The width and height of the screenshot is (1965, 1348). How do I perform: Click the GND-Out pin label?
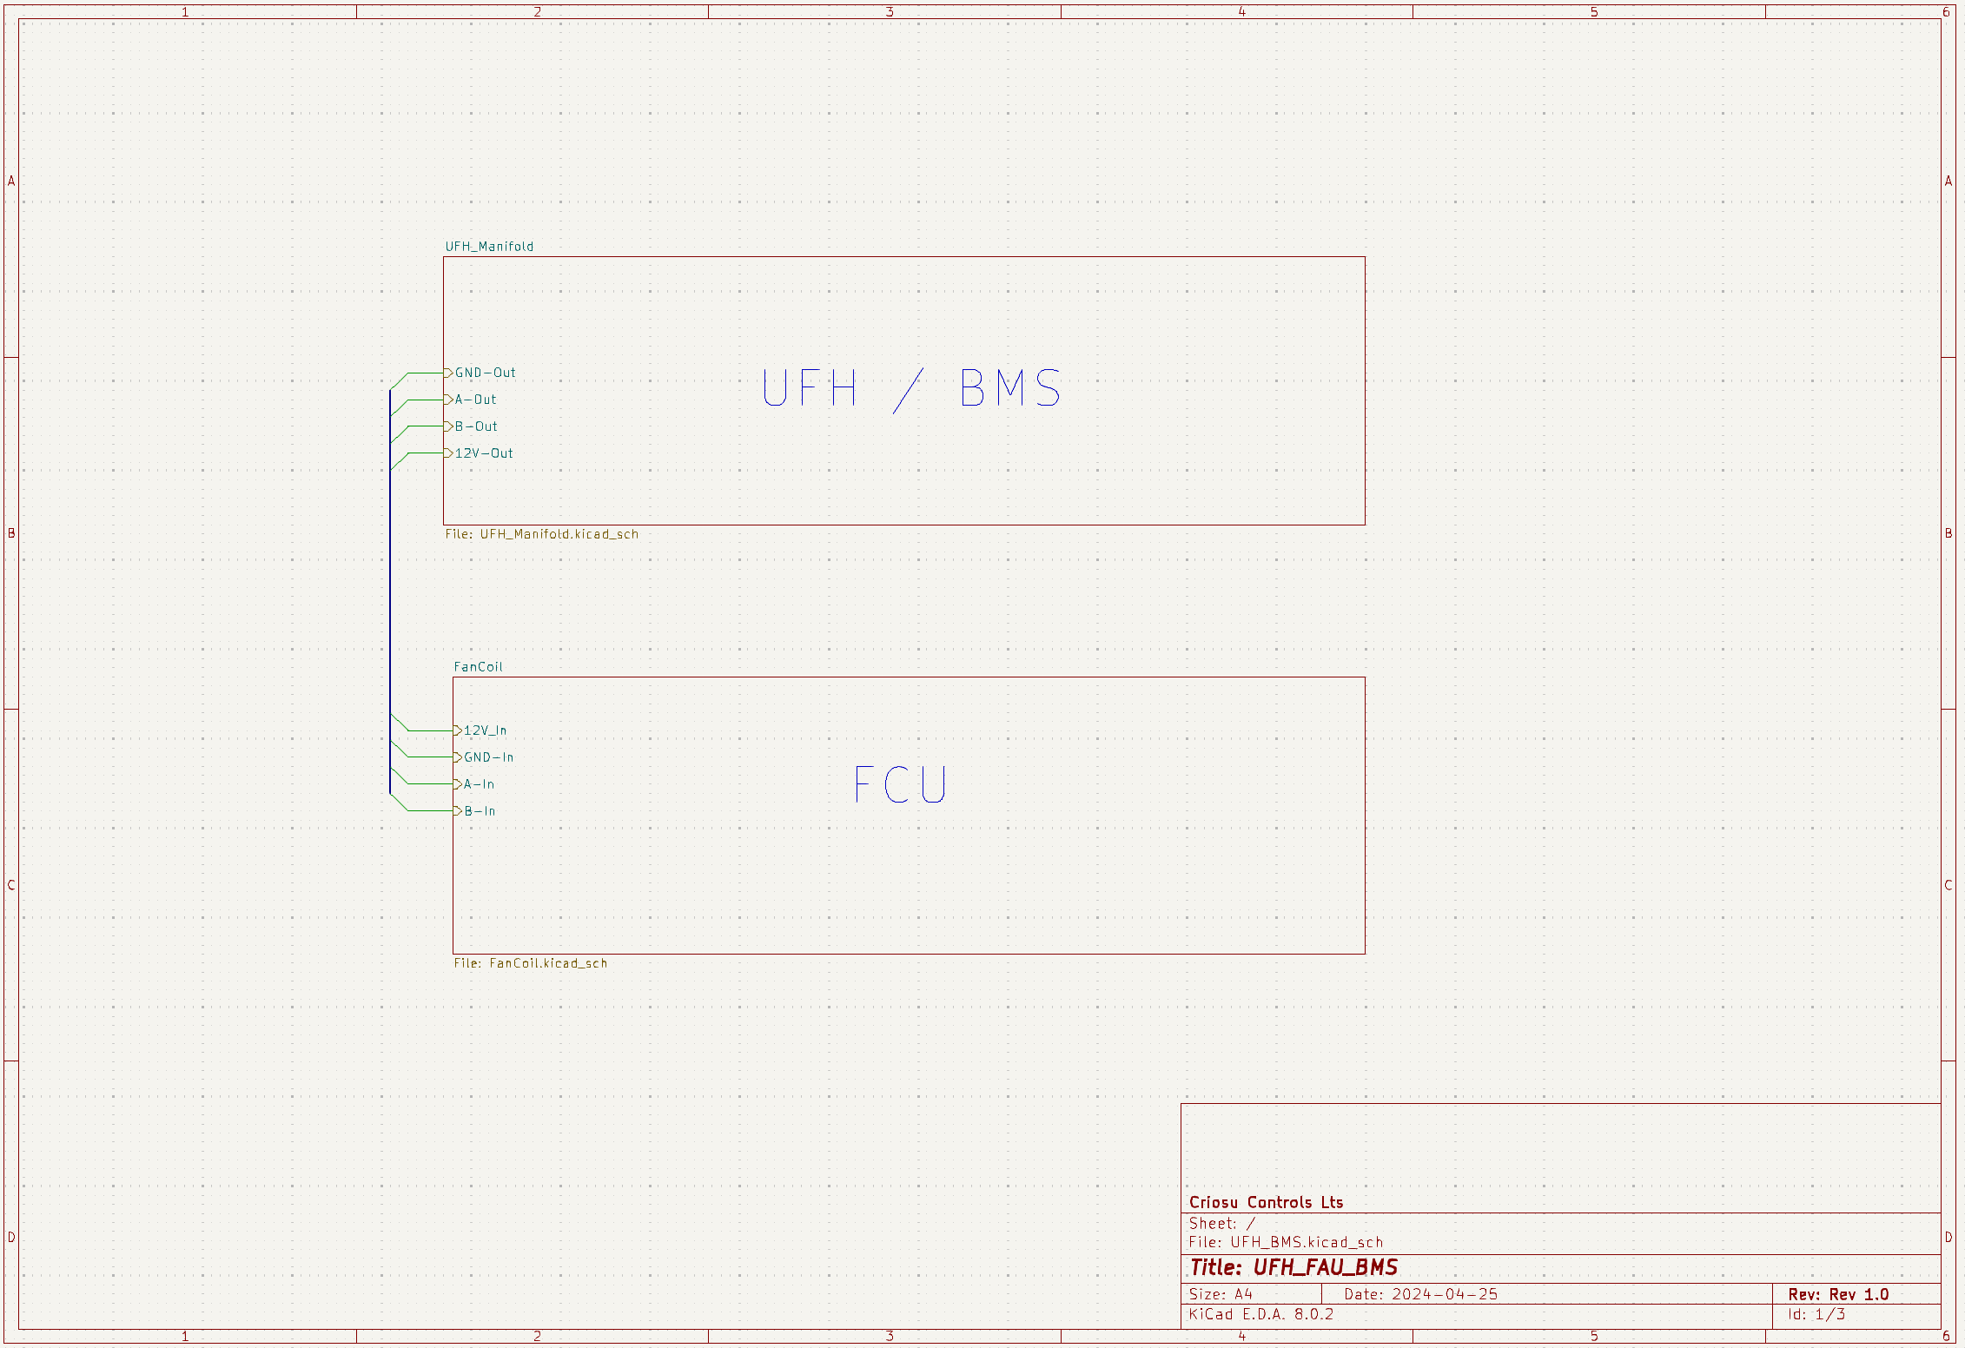pos(485,373)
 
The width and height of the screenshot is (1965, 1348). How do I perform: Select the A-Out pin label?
pos(475,400)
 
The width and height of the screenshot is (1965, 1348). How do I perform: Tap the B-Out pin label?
pos(476,426)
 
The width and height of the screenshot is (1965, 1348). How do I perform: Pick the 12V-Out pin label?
pos(484,453)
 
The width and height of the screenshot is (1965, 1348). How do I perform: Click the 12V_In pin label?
pos(485,730)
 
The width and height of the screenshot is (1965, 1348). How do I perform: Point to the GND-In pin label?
pos(488,757)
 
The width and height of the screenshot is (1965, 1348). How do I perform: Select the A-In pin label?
pos(479,784)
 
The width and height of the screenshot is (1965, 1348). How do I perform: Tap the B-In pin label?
pos(480,811)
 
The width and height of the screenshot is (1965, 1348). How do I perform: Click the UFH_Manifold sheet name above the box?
pos(489,247)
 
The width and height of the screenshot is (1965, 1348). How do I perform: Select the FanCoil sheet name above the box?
pos(478,667)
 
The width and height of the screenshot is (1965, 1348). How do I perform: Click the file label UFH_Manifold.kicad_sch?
pos(541,534)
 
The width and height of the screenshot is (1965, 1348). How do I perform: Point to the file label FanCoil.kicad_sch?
pos(530,963)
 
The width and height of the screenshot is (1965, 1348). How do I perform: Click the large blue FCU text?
pos(900,785)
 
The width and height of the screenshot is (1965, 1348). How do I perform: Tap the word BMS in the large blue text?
pos(1010,388)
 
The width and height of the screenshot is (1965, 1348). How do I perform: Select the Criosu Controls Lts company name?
pos(1266,1202)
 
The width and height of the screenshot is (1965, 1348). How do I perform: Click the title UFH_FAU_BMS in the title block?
pos(1325,1267)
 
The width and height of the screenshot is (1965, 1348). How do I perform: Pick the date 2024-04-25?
pos(1445,1294)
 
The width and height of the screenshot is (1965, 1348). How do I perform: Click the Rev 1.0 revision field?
pos(1858,1294)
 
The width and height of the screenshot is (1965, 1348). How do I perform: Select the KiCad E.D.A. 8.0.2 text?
pos(1260,1314)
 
